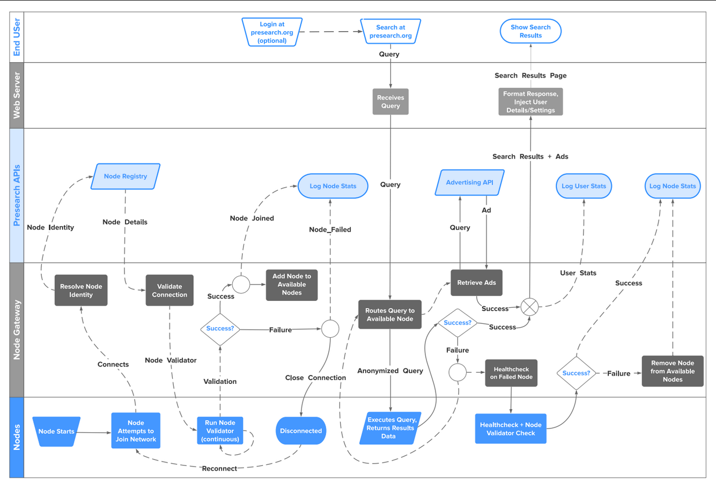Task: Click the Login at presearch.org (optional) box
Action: (272, 32)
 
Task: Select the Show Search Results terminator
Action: (530, 31)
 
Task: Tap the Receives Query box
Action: (390, 102)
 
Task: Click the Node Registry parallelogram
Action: (126, 176)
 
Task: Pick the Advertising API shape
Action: (469, 182)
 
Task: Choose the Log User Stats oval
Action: (584, 186)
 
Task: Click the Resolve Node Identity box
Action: (81, 290)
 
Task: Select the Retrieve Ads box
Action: (476, 283)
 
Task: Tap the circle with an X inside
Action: (530, 307)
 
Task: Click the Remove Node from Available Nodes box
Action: (673, 371)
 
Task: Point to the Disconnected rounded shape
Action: (301, 431)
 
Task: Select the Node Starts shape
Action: (56, 431)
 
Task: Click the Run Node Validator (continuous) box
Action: (220, 431)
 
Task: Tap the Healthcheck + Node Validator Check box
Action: (511, 428)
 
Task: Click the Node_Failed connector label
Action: (330, 229)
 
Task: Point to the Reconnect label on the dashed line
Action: (219, 469)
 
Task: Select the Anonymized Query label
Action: (390, 371)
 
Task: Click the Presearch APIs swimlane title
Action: (17, 195)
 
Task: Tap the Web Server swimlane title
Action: (17, 95)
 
